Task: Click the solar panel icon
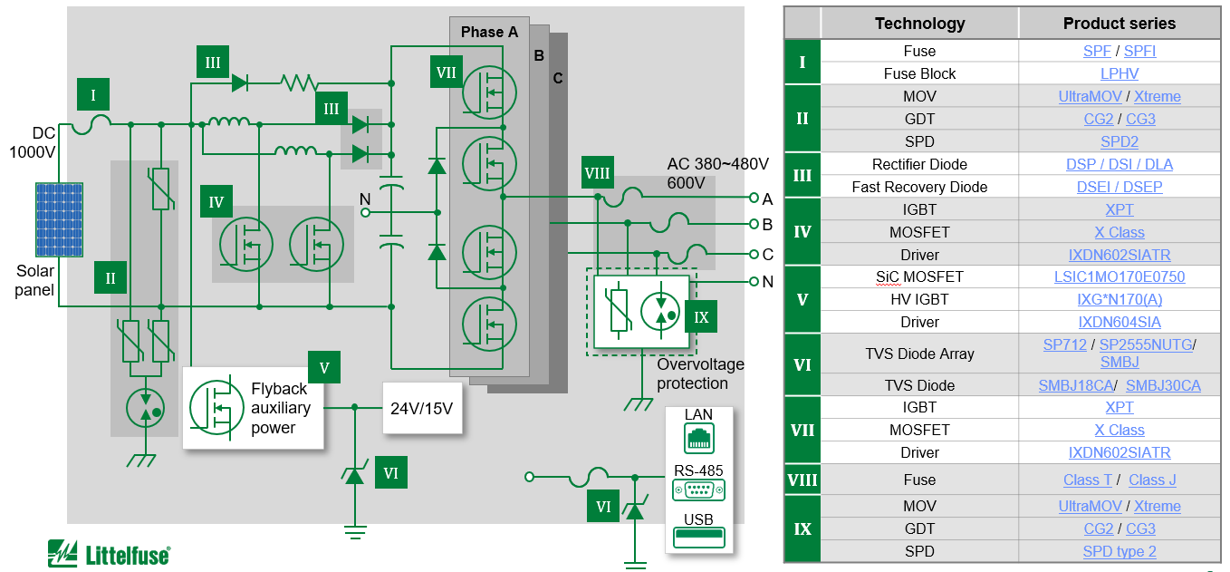[x=59, y=219]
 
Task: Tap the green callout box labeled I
[x=92, y=93]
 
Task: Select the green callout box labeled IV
[x=216, y=202]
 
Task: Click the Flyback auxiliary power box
[x=253, y=408]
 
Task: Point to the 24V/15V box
[x=421, y=408]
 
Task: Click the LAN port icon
[x=698, y=438]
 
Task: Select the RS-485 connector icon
[x=698, y=490]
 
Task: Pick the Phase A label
[x=489, y=32]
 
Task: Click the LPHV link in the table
[x=1119, y=73]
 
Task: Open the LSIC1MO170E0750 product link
[x=1119, y=276]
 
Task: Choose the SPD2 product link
[x=1119, y=141]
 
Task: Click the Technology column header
[x=919, y=24]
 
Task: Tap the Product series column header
[x=1119, y=24]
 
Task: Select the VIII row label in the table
[x=802, y=480]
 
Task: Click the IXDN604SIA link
[x=1119, y=322]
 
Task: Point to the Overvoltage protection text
[x=700, y=373]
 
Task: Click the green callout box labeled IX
[x=701, y=317]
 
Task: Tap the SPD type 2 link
[x=1119, y=551]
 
